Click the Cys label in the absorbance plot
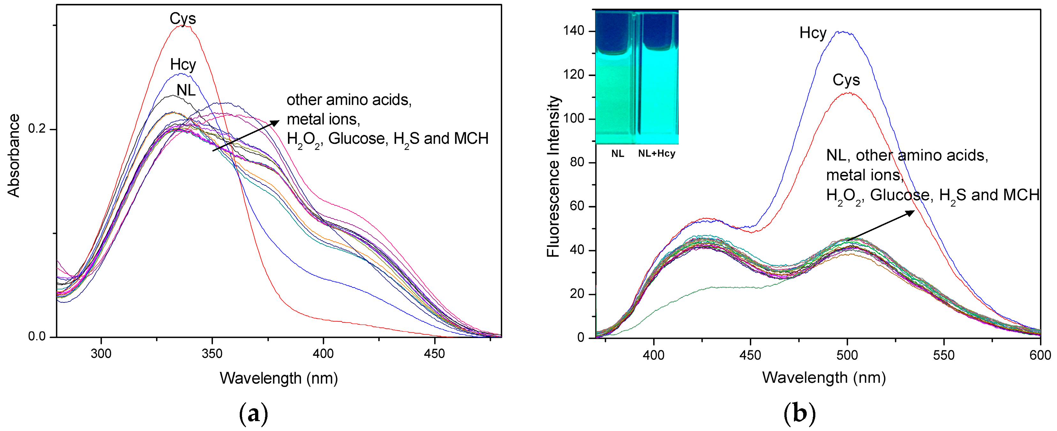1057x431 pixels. tap(183, 19)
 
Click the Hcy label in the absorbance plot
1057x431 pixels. tap(183, 65)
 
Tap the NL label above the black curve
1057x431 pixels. tap(186, 90)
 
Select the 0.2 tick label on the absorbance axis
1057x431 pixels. tap(36, 129)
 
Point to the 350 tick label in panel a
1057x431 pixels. tap(212, 354)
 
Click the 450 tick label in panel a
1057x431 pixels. tap(434, 354)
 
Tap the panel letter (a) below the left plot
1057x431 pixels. tap(253, 414)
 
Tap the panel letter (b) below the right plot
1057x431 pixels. tap(799, 414)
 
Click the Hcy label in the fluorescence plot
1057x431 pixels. tap(813, 33)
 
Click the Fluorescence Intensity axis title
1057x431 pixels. tap(554, 177)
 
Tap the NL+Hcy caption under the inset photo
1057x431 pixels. tap(657, 154)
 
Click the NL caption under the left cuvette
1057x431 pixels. tap(617, 154)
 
